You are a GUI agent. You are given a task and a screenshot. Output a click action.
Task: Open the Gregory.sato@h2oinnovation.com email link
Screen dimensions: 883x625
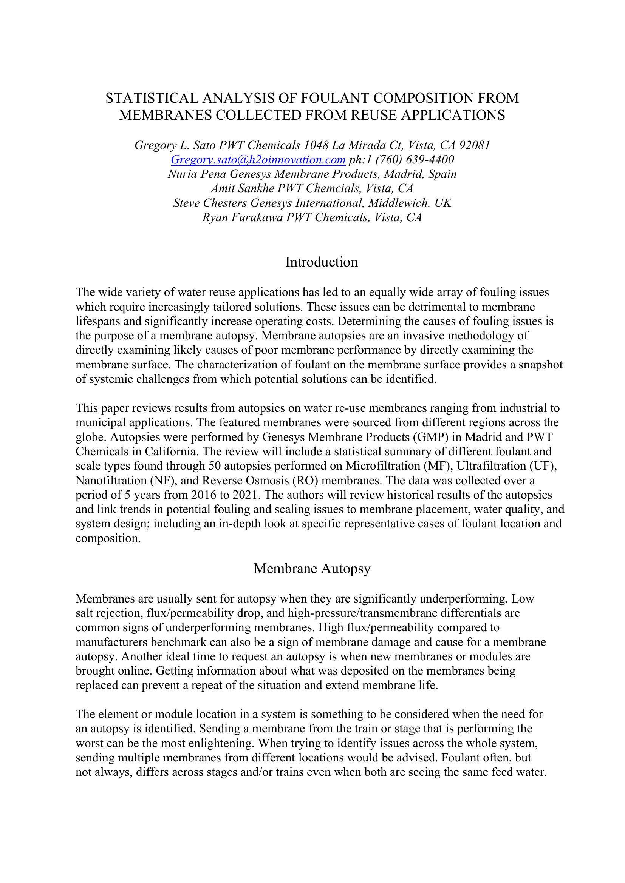tap(258, 160)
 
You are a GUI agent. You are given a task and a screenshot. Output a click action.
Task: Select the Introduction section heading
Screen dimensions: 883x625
tap(321, 262)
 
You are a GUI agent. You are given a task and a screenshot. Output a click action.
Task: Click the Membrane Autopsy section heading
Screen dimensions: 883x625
tap(312, 569)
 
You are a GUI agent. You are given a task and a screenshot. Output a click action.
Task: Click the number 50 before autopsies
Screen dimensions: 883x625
tap(213, 466)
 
